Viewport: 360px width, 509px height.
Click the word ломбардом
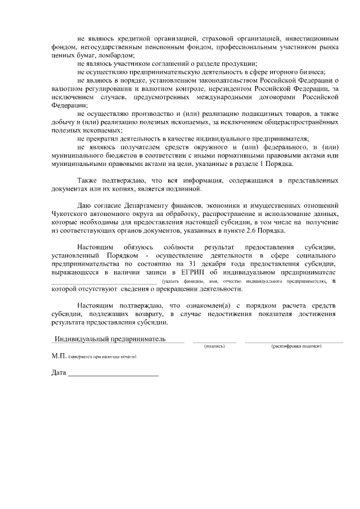[117, 56]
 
